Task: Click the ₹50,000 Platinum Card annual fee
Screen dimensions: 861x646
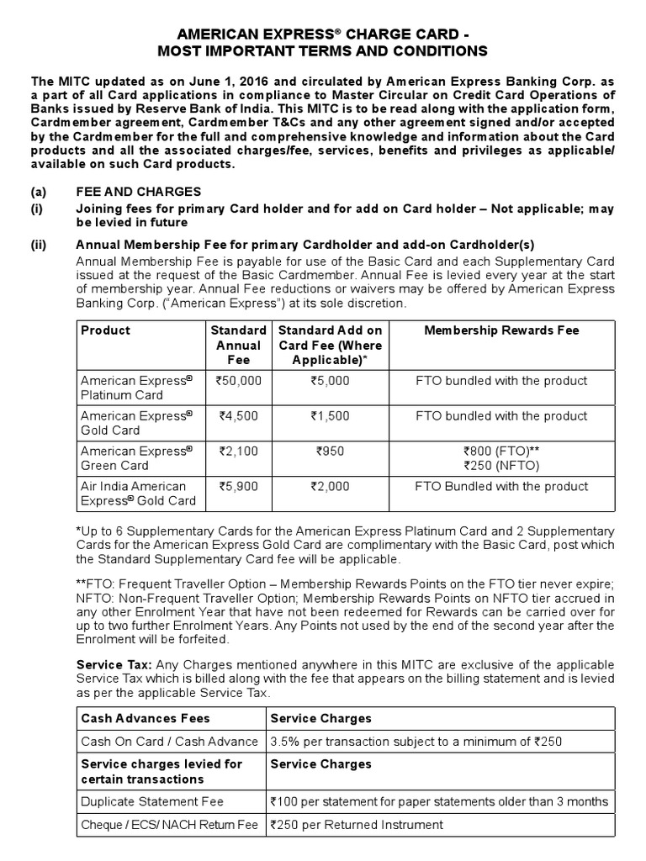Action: [x=239, y=381]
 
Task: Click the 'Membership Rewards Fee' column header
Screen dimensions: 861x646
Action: [x=501, y=330]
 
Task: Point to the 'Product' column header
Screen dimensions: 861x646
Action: [x=105, y=330]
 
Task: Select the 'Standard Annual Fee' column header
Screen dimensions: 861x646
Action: [x=238, y=345]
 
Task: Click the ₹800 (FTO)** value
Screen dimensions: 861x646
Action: [x=501, y=452]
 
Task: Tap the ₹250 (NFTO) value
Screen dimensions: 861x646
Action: [x=501, y=465]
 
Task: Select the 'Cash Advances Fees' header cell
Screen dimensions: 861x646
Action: [x=145, y=719]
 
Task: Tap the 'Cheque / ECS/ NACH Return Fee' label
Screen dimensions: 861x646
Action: [x=168, y=825]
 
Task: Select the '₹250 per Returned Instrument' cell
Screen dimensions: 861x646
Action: [x=364, y=825]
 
